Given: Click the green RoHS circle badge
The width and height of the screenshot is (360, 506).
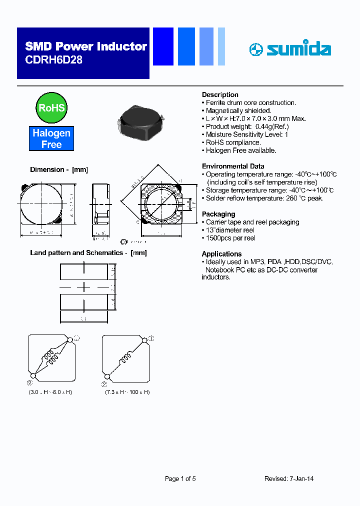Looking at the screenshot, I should pos(51,107).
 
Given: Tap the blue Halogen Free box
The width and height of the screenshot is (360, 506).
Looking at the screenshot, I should pos(51,138).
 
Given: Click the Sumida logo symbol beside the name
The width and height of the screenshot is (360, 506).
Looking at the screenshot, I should pos(256,49).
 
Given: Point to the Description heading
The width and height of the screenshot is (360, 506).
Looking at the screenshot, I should pos(220,94).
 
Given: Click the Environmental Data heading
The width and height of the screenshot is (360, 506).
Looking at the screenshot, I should pos(233,166).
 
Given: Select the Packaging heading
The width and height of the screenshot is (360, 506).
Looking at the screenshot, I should pos(218,214).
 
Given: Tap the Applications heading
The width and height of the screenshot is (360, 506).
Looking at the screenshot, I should pos(221,253).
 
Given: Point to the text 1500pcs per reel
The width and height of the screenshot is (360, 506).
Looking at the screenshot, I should pos(230,238).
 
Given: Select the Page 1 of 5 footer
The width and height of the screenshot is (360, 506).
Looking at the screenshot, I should pos(180,478).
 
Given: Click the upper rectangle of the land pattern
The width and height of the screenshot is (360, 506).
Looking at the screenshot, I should pos(83,271).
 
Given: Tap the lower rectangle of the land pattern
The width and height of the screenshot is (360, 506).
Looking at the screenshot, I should pos(83,302).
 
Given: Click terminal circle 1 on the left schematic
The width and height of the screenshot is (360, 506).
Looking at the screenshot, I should pos(70,339).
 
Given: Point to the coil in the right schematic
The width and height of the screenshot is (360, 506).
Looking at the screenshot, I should pos(125,358).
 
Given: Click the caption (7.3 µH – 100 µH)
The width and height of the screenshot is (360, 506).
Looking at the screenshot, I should pos(127,392).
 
